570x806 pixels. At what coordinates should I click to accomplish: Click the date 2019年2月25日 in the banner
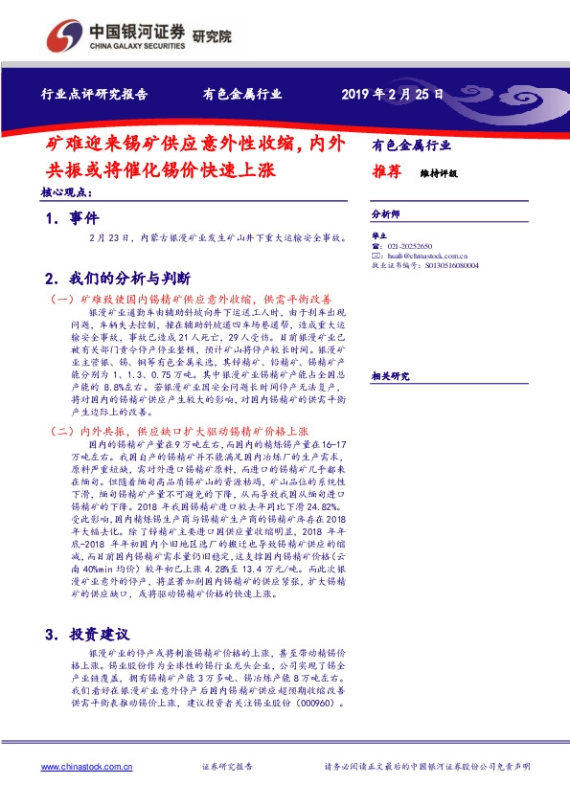coord(392,95)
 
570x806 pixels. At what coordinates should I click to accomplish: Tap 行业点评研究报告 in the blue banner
coord(94,95)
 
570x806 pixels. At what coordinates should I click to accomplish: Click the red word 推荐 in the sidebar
coord(387,173)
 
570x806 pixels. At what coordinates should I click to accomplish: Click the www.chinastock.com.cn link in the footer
coord(84,767)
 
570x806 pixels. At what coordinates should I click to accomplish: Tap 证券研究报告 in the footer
coord(228,767)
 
